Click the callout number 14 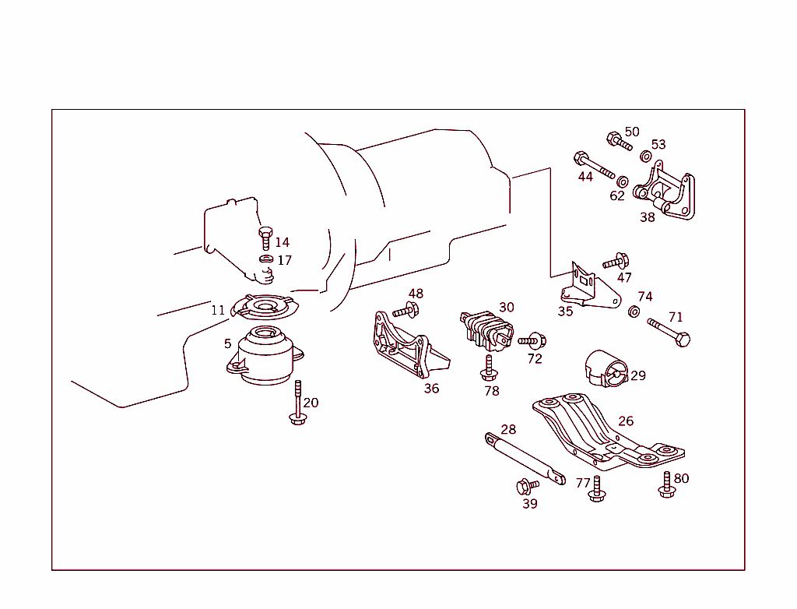(282, 243)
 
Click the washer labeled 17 (265, 259)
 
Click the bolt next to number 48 (406, 310)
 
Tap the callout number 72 (534, 358)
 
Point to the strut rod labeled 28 (525, 459)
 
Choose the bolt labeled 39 (527, 487)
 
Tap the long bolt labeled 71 (669, 332)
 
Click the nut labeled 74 (634, 312)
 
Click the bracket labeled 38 (665, 192)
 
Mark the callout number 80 (681, 478)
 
